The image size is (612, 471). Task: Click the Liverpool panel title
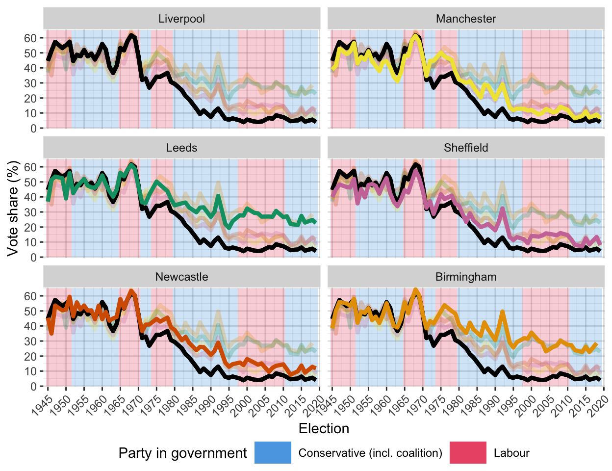tap(181, 19)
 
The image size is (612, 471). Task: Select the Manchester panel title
tap(466, 19)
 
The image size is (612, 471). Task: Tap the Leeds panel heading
tap(181, 148)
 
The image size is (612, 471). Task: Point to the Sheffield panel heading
tap(466, 148)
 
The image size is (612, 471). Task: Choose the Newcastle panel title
tap(181, 277)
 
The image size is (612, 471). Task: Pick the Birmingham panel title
tap(466, 277)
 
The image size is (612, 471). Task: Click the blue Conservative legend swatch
tap(273, 453)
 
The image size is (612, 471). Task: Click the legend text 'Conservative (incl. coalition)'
tap(370, 453)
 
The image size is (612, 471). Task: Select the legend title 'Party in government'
tap(182, 453)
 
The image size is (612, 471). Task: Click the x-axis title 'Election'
tap(324, 429)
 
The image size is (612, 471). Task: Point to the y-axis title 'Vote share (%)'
tap(13, 208)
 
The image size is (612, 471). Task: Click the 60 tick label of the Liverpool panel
tap(30, 38)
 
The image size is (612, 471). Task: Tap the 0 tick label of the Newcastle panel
tap(33, 387)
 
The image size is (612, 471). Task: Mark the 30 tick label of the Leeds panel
tap(30, 212)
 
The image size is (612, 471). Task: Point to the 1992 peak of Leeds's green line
tap(218, 196)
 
